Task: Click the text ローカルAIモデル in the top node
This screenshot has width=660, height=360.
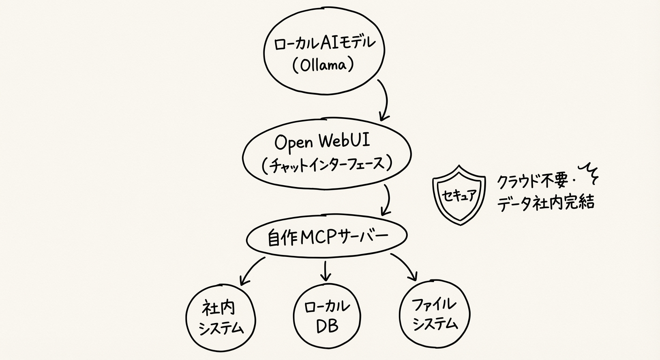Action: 325,44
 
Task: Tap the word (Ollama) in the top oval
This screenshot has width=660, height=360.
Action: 322,65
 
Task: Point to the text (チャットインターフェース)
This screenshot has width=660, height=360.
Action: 327,165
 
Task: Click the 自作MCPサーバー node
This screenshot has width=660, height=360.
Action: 327,239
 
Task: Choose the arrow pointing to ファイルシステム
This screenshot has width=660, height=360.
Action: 406,267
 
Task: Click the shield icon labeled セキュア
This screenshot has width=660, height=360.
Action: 458,196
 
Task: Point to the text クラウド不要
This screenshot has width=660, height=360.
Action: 532,181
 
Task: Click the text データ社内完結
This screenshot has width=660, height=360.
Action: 545,202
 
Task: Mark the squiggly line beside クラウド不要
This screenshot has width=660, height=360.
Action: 591,174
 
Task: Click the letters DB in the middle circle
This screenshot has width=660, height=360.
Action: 327,327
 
